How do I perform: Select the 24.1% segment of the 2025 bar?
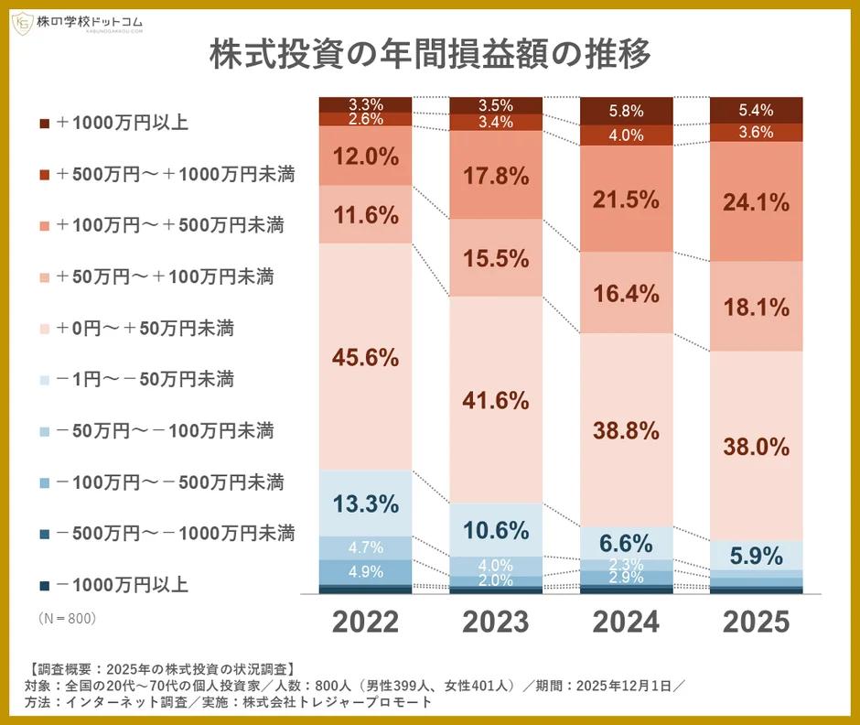pos(757,202)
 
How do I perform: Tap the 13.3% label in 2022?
pos(365,503)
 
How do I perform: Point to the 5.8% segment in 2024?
pos(627,111)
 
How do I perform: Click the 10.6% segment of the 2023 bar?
pos(496,529)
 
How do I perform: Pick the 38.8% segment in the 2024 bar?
pos(627,429)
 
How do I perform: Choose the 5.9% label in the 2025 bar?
pos(757,555)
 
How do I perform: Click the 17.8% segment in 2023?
pos(496,175)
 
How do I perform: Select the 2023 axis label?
pos(496,622)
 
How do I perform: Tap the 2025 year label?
pos(757,622)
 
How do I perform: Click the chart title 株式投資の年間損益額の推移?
pos(429,55)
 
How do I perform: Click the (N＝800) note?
pos(67,619)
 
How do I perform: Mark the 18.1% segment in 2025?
pos(757,307)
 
